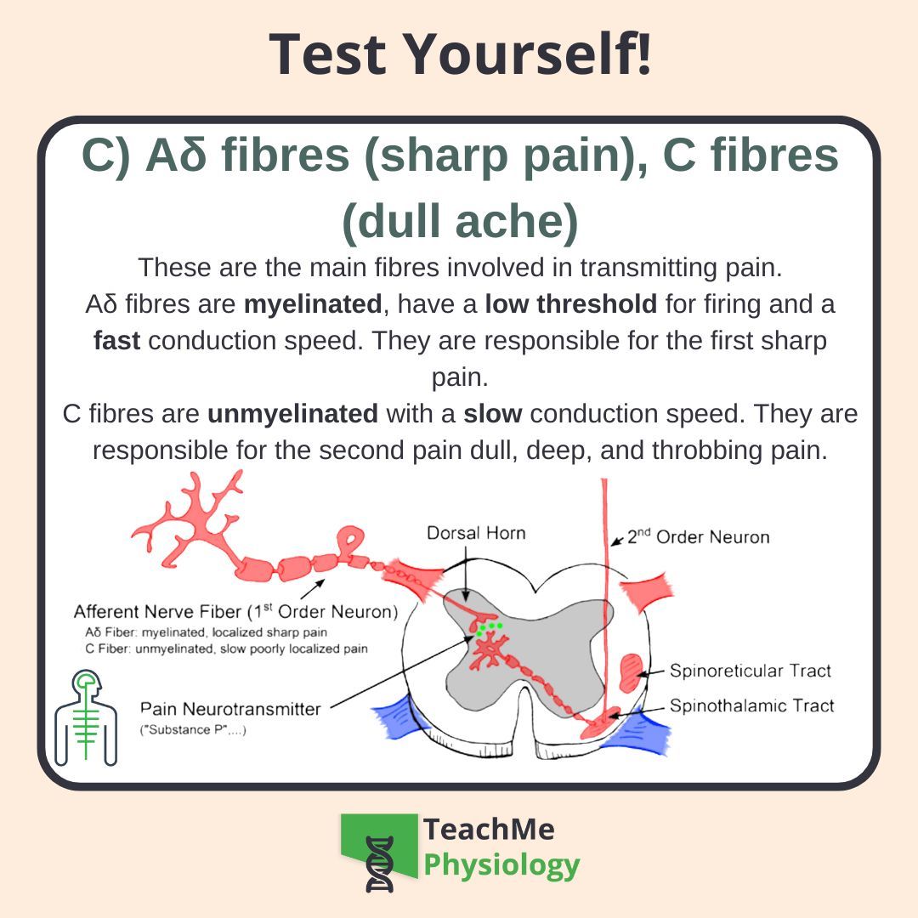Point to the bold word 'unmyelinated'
click(292, 414)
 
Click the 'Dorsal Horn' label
click(476, 533)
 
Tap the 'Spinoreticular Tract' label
click(750, 671)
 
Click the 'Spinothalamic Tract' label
click(751, 705)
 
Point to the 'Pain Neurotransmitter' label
click(229, 708)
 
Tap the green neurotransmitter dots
click(489, 628)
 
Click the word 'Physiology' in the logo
click(501, 865)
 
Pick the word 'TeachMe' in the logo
click(489, 828)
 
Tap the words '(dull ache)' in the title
click(460, 222)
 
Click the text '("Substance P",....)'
click(193, 730)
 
